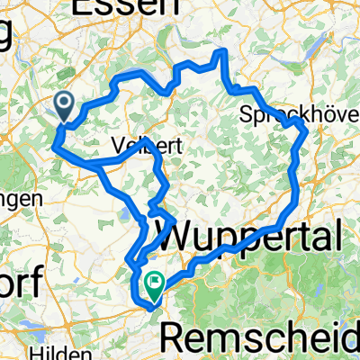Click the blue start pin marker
pos(66,105)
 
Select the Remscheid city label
pos(260,337)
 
